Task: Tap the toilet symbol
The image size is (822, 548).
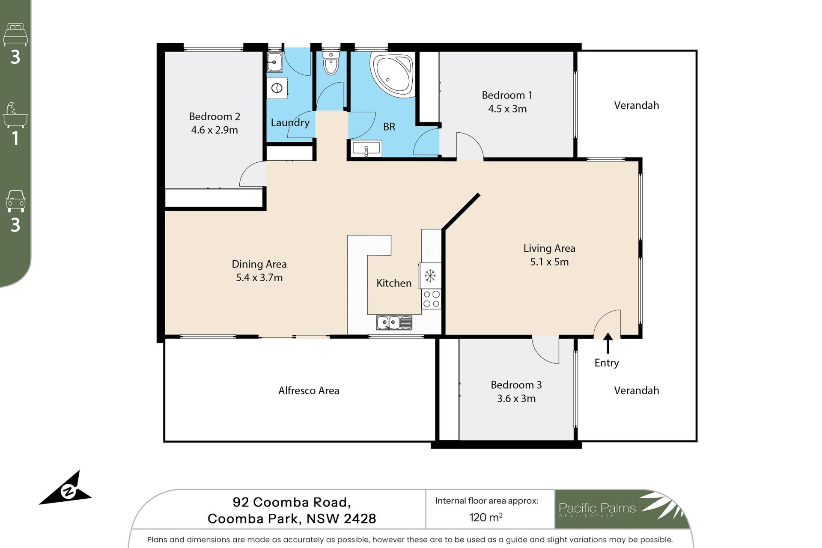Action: [x=331, y=63]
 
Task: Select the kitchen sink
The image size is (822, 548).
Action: [x=394, y=322]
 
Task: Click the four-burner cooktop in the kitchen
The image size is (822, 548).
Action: [x=431, y=299]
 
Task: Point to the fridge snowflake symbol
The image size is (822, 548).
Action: [x=430, y=276]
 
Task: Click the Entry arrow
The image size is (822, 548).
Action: [x=608, y=343]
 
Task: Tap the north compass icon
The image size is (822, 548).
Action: [x=66, y=490]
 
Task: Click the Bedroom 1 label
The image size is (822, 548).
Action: [x=507, y=95]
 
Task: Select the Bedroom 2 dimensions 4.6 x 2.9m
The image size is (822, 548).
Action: [x=214, y=130]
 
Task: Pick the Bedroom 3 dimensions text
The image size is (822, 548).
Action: [x=516, y=399]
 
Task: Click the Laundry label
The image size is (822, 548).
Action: [x=290, y=123]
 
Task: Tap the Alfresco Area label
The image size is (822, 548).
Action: [x=309, y=390]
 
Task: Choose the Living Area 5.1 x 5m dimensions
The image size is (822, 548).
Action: [x=549, y=262]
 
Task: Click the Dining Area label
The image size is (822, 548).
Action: [x=259, y=264]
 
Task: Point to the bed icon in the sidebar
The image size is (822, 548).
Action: [x=15, y=35]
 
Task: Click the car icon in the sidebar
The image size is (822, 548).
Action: [x=16, y=201]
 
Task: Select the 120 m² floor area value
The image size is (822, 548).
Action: [x=486, y=517]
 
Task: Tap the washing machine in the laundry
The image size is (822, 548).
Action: [x=277, y=89]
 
